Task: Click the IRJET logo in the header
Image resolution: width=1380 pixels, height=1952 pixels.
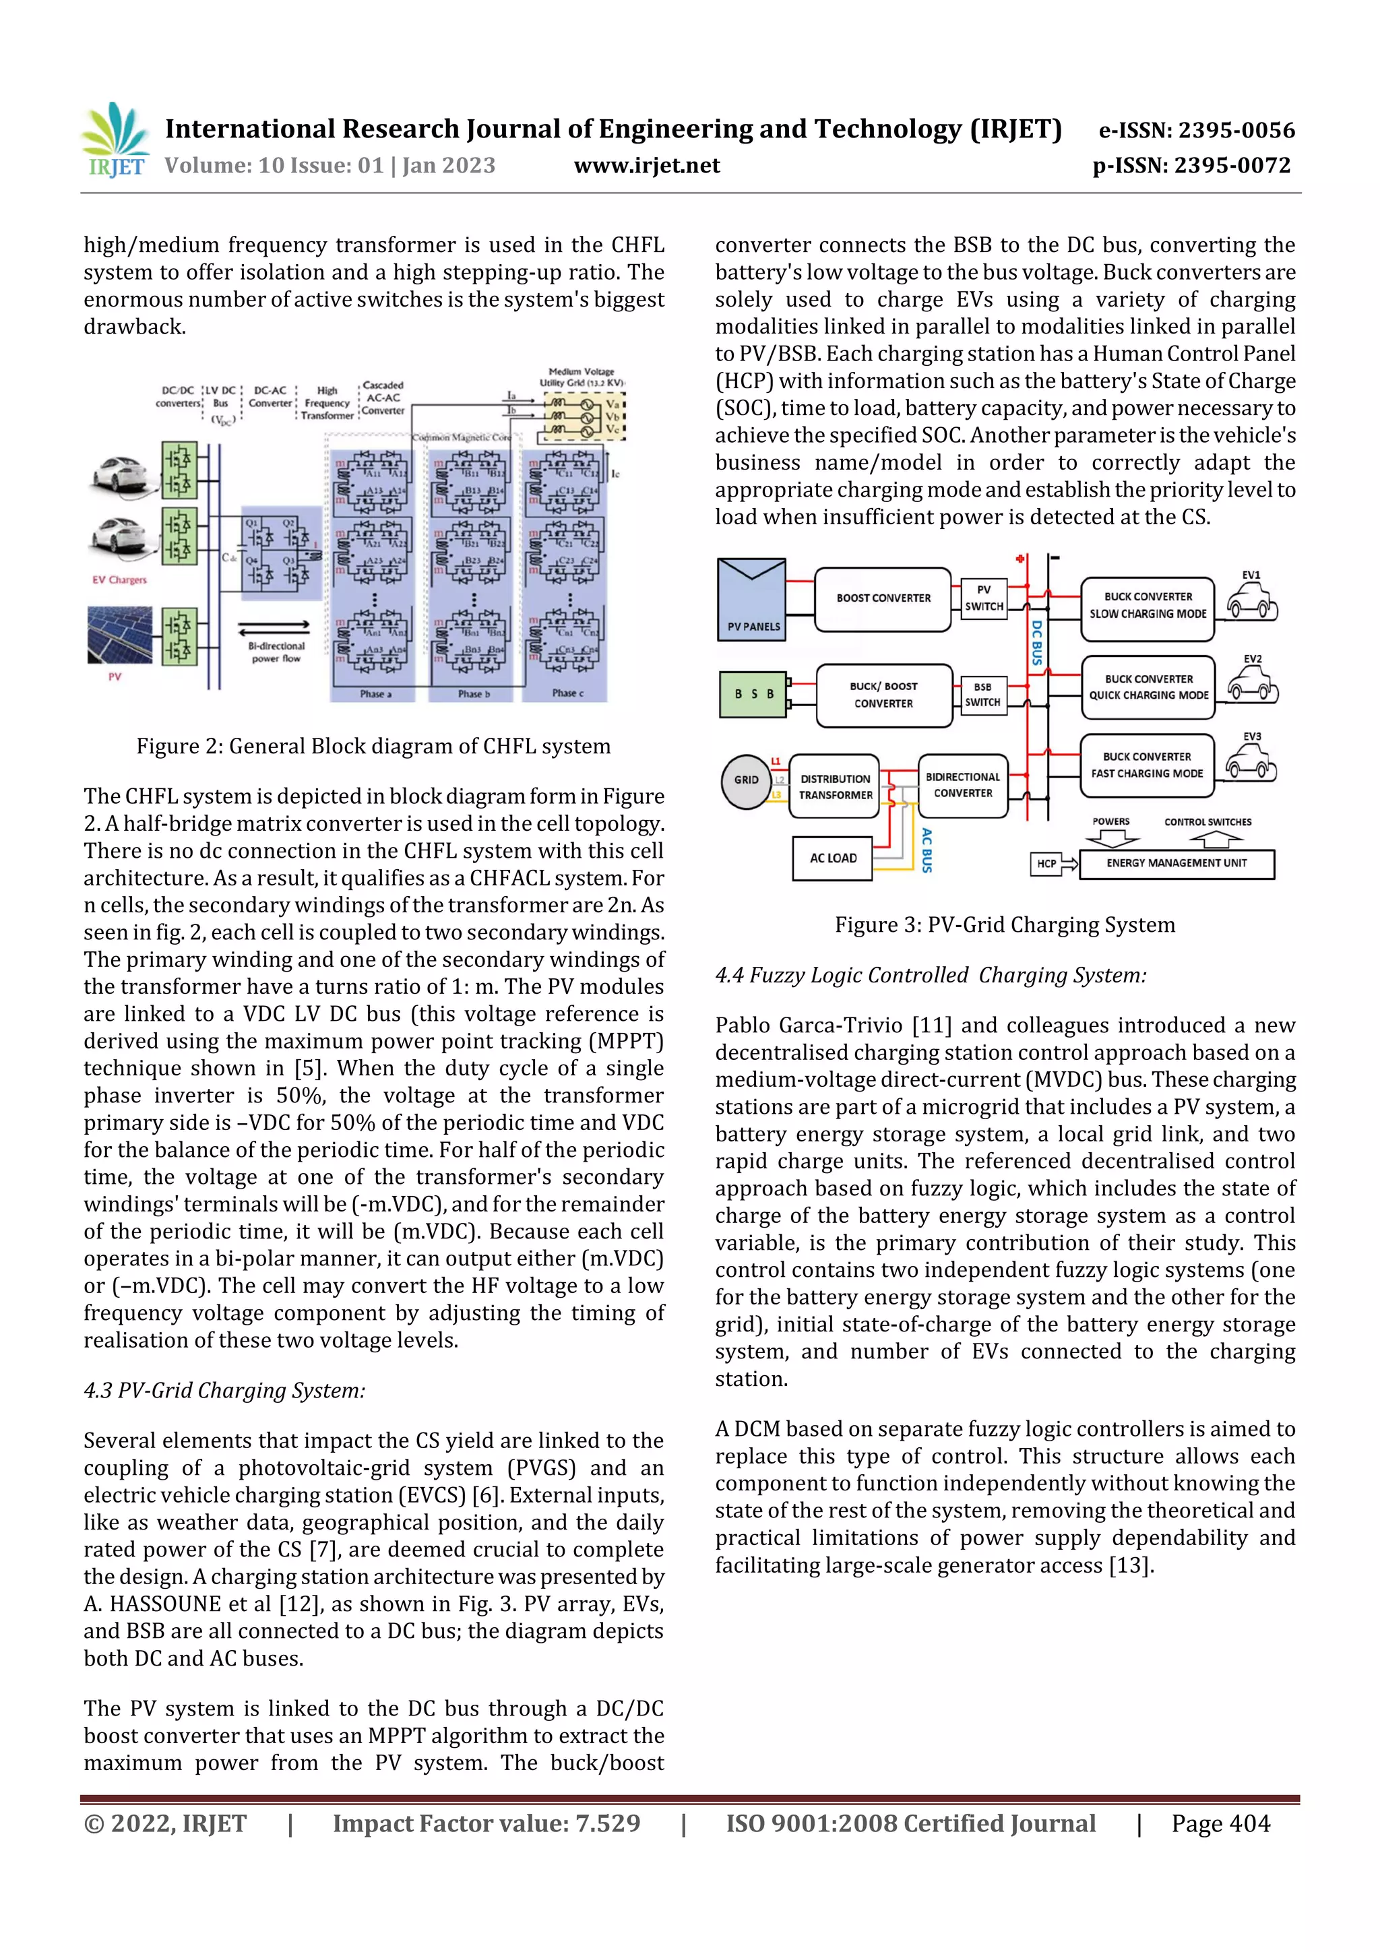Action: pyautogui.click(x=114, y=140)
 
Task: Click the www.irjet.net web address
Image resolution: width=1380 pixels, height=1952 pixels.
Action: pyautogui.click(x=646, y=165)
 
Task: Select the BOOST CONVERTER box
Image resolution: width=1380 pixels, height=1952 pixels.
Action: pyautogui.click(x=883, y=598)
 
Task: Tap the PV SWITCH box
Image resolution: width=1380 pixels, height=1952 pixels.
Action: pyautogui.click(x=984, y=598)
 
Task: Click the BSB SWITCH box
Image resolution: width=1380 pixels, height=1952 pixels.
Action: pyautogui.click(x=982, y=695)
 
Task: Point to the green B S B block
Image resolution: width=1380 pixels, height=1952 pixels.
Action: pyautogui.click(x=753, y=694)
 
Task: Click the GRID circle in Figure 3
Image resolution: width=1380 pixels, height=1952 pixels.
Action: pyautogui.click(x=747, y=780)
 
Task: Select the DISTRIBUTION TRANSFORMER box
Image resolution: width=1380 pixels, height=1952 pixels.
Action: pyautogui.click(x=835, y=786)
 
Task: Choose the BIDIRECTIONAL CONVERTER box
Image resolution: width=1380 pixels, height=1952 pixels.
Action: pyautogui.click(x=962, y=785)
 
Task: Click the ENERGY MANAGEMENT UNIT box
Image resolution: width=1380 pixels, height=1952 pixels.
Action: pyautogui.click(x=1176, y=863)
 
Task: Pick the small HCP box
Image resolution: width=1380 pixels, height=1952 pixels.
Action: pyautogui.click(x=1046, y=864)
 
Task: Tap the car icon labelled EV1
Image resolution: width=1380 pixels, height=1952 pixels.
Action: pyautogui.click(x=1251, y=603)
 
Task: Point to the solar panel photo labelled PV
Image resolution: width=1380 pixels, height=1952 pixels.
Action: pyautogui.click(x=120, y=635)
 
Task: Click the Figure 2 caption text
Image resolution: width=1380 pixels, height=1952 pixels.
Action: pyautogui.click(x=373, y=747)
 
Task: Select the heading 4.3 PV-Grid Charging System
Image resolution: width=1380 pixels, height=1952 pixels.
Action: pyautogui.click(x=224, y=1390)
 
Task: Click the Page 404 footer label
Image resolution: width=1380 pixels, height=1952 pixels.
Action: pyautogui.click(x=1220, y=1823)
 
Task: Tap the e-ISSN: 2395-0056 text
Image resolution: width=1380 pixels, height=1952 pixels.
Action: pyautogui.click(x=1196, y=130)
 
